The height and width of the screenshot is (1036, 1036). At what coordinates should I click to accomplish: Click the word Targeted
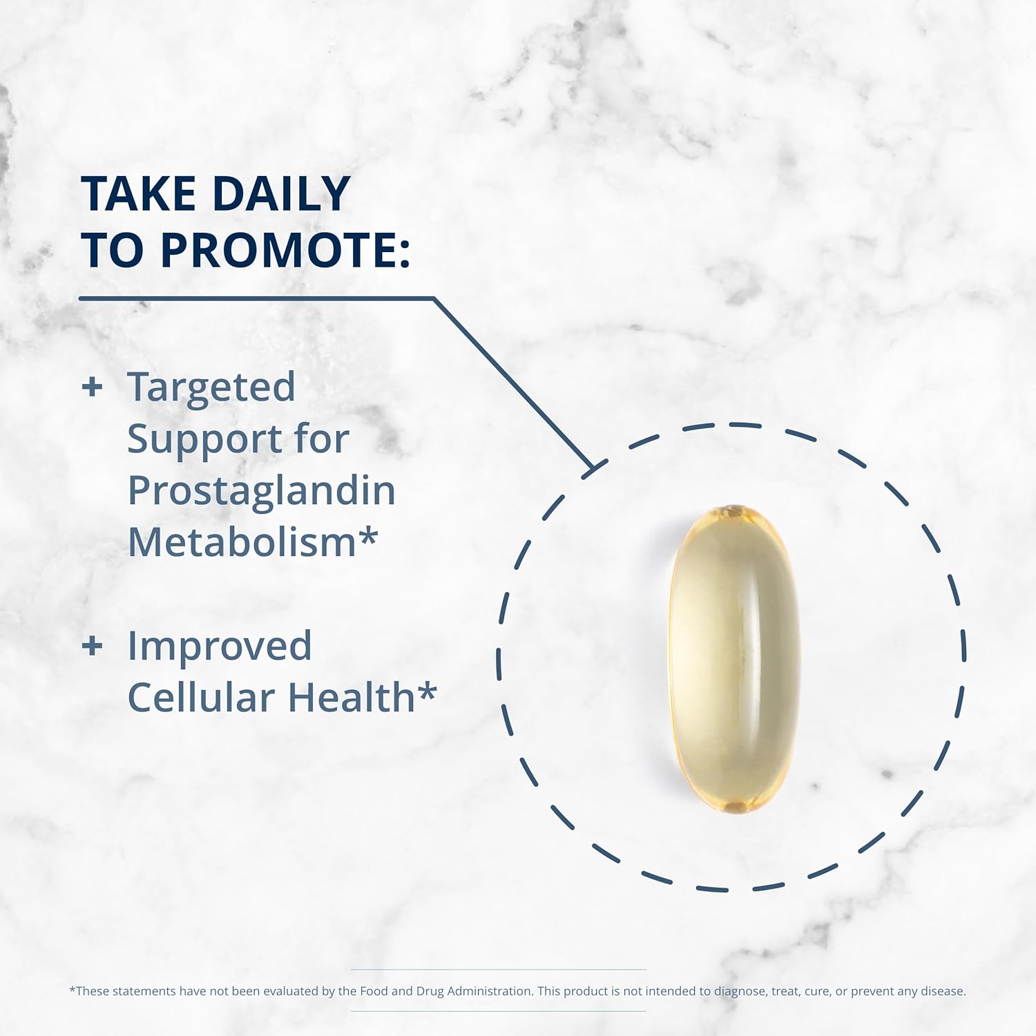coord(211,387)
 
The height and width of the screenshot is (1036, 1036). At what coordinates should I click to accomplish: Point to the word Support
coord(204,439)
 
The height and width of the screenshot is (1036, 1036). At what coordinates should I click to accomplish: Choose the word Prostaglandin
coord(261,491)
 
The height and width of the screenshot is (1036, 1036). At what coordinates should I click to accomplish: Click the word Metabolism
coord(242,542)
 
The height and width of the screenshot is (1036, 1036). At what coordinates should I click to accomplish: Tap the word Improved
coord(220,646)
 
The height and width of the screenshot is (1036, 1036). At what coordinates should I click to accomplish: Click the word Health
coord(351,698)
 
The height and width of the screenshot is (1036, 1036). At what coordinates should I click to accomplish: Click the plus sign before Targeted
coord(92,387)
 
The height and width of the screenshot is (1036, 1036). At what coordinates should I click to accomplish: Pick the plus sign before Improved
coord(92,646)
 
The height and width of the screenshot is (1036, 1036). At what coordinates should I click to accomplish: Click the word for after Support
coord(321,439)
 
